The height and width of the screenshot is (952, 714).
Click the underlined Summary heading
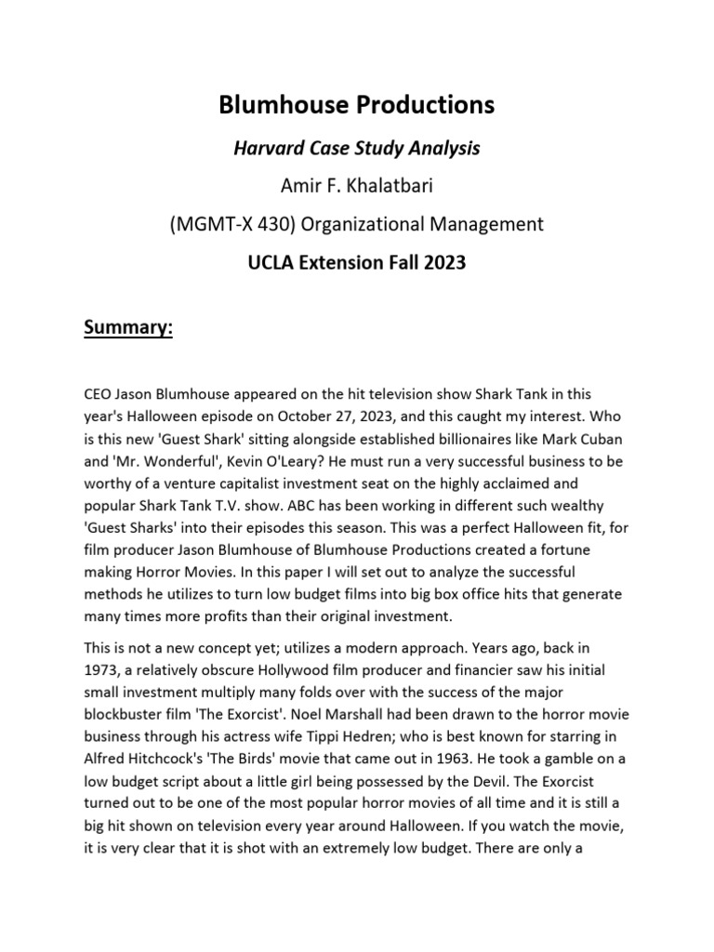point(128,328)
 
